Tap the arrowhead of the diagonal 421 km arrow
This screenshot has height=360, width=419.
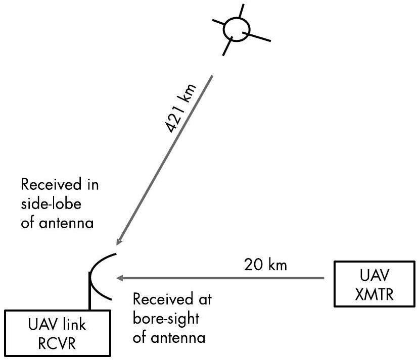[119, 241]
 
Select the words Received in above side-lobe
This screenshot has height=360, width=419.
[60, 185]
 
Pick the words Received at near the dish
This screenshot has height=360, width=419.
[172, 298]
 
